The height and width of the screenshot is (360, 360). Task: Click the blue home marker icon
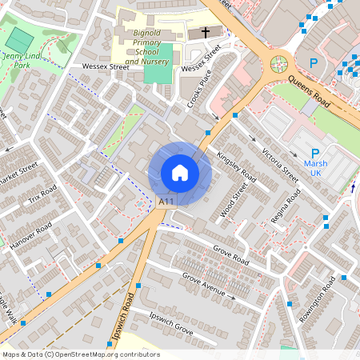(x=180, y=173)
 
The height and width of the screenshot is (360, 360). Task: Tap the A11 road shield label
(x=166, y=202)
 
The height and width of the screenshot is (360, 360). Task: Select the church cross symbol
(x=205, y=33)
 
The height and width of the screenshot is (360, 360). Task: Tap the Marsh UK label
(x=315, y=169)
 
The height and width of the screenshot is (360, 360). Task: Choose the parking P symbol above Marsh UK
(x=315, y=154)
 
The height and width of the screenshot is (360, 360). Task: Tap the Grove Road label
(x=231, y=256)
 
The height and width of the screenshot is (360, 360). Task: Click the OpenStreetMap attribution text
(x=81, y=354)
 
